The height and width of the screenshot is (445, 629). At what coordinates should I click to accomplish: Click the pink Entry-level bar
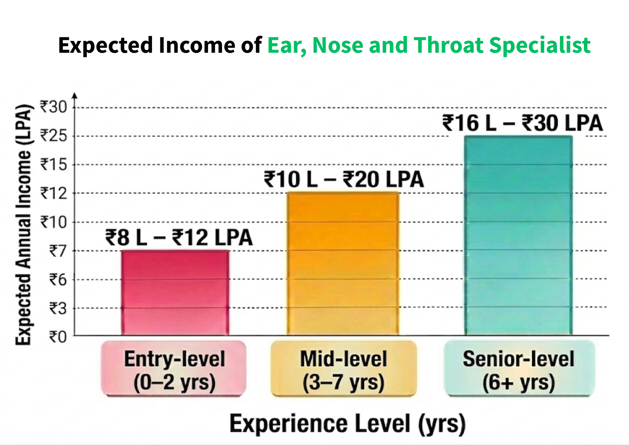175,293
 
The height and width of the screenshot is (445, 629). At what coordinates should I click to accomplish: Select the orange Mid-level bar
343,264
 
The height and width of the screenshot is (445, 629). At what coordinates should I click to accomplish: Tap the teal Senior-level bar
518,235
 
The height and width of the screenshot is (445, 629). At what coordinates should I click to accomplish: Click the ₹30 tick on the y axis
53,107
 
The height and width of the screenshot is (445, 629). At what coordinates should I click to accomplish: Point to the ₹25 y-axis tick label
53,136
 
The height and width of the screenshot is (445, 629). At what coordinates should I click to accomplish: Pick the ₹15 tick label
53,164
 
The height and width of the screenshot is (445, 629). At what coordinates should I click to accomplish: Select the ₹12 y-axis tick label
53,193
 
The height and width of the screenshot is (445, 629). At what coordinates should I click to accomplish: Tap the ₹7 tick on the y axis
58,251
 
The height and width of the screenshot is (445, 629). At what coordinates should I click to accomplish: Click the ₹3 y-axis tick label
58,308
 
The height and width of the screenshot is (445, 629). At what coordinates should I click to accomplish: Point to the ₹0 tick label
58,337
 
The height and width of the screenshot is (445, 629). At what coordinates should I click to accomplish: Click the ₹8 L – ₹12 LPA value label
179,238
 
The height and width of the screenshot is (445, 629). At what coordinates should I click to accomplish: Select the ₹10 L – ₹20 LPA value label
344,179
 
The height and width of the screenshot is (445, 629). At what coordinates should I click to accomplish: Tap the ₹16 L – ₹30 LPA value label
522,123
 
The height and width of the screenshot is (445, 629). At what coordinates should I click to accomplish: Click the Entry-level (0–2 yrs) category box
174,369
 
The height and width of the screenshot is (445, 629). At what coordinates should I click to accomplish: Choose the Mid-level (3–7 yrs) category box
344,369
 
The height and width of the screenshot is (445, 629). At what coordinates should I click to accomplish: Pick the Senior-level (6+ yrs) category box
519,369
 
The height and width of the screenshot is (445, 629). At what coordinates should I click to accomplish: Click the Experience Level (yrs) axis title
347,424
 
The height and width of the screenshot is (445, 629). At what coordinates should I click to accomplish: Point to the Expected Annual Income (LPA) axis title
23,225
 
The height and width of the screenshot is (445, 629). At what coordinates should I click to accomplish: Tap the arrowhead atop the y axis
75,95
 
